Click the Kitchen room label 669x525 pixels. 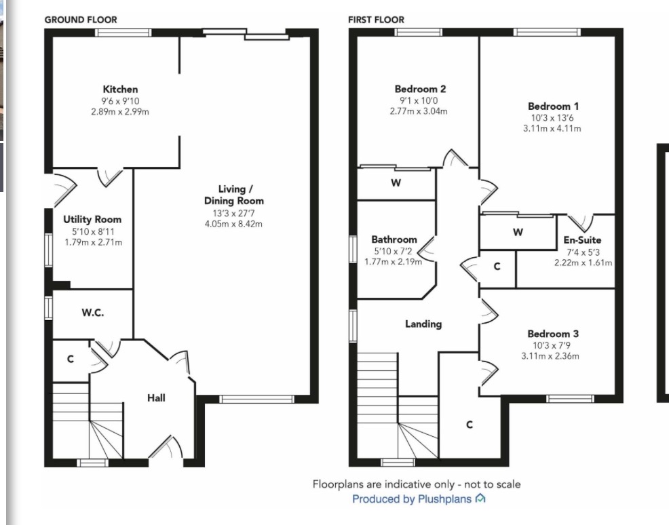pyautogui.click(x=120, y=89)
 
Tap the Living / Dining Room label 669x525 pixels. pyautogui.click(x=234, y=195)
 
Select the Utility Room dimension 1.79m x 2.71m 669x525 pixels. pyautogui.click(x=94, y=242)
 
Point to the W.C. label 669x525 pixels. pyautogui.click(x=92, y=313)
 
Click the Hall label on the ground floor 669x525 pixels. pyautogui.click(x=156, y=398)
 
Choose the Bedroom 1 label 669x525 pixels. pyautogui.click(x=553, y=106)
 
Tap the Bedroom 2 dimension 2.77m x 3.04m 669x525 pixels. pyautogui.click(x=419, y=111)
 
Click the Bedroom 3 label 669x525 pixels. pyautogui.click(x=553, y=334)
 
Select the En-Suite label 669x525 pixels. pyautogui.click(x=582, y=239)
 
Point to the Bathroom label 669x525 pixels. pyautogui.click(x=394, y=239)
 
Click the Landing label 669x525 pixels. pyautogui.click(x=423, y=324)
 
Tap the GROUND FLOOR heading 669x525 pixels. pyautogui.click(x=81, y=20)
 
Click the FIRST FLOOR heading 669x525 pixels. pyautogui.click(x=377, y=20)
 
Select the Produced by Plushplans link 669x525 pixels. pyautogui.click(x=412, y=499)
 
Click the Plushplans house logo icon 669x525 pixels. pyautogui.click(x=480, y=498)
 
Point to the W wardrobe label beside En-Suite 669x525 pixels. pyautogui.click(x=518, y=233)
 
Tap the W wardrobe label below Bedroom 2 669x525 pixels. pyautogui.click(x=396, y=183)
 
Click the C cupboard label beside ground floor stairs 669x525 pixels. pyautogui.click(x=71, y=359)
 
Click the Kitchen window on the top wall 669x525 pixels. pyautogui.click(x=123, y=33)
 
